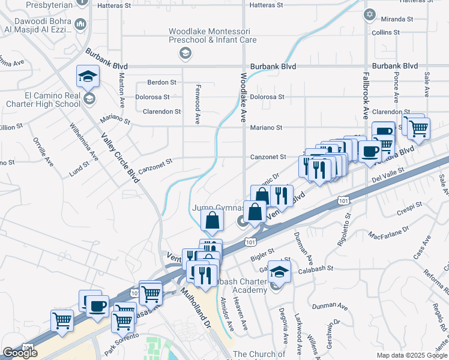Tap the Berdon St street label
pyautogui.click(x=162, y=82)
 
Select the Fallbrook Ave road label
pyautogui.click(x=365, y=96)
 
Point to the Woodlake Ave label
pyautogui.click(x=244, y=97)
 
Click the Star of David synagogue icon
pyautogui.click(x=369, y=14)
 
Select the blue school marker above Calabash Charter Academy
pyautogui.click(x=279, y=272)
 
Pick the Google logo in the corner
pyautogui.click(x=20, y=353)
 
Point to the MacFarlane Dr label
pyautogui.click(x=389, y=231)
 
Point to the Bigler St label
pyautogui.click(x=262, y=253)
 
